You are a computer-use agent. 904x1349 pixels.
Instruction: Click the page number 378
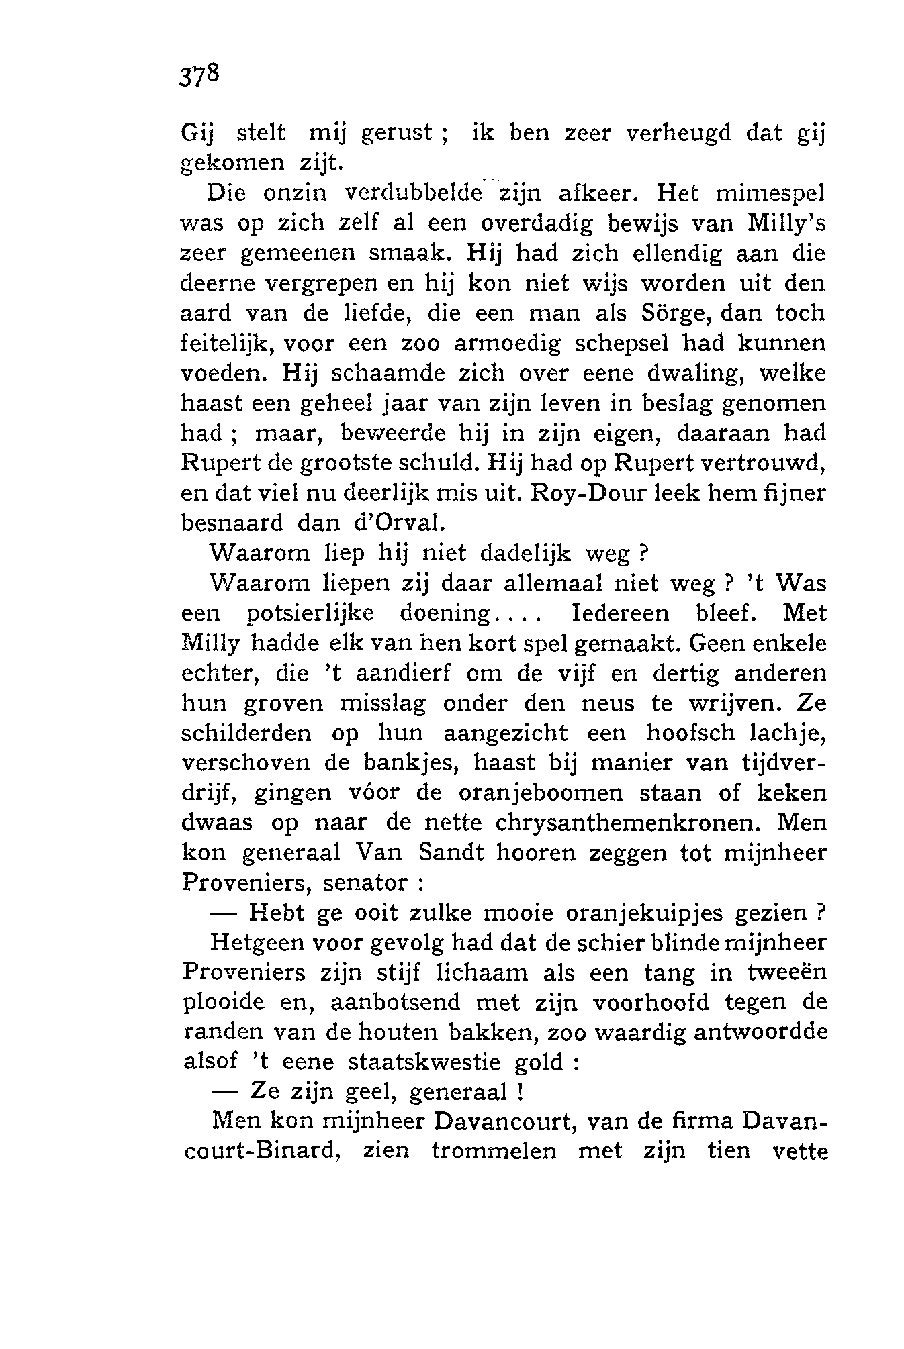(x=199, y=75)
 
